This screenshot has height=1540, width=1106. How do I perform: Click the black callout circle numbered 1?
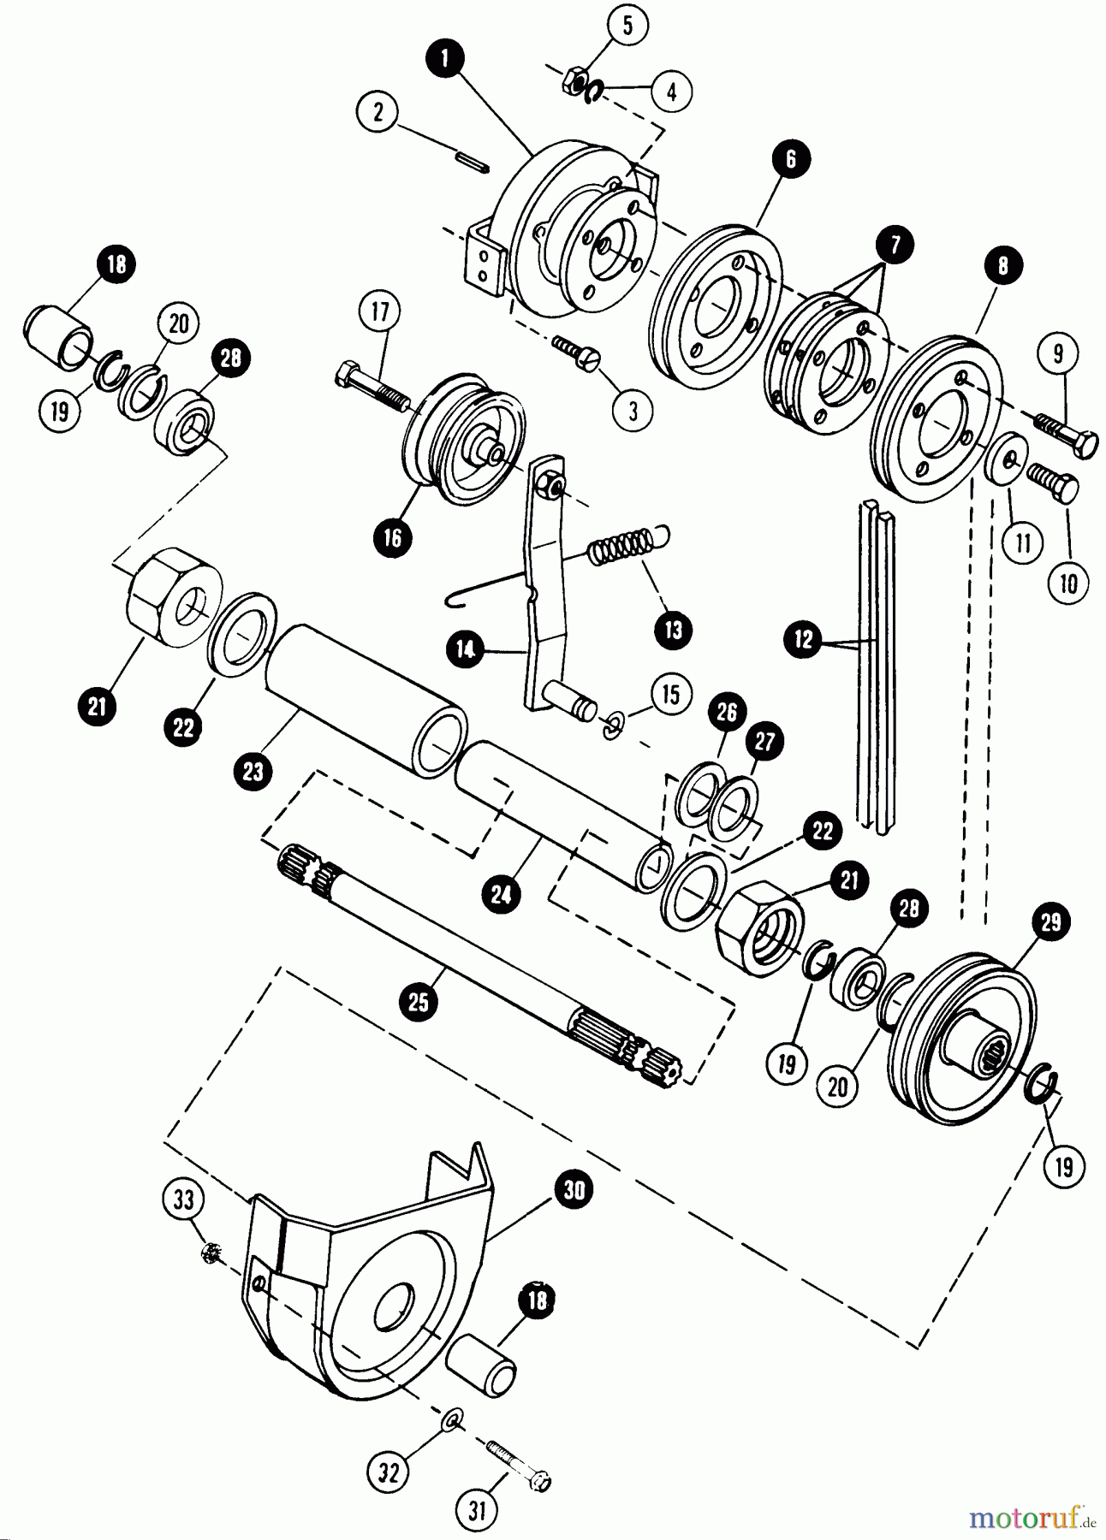point(444,59)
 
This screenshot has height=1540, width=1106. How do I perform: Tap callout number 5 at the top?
point(627,26)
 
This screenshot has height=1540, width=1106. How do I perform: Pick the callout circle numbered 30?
point(574,1190)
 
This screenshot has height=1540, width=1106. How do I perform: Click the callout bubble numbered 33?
point(184,1199)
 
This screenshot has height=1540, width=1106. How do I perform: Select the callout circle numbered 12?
point(803,640)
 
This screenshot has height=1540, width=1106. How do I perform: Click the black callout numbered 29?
point(1050,921)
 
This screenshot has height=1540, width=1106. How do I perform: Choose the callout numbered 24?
point(501,895)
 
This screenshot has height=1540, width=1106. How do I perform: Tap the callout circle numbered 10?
point(1068,583)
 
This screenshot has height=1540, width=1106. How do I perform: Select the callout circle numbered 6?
point(789,159)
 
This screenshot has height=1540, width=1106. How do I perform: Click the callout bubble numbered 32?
point(389,1472)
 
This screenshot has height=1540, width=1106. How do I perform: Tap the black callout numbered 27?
point(764,741)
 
